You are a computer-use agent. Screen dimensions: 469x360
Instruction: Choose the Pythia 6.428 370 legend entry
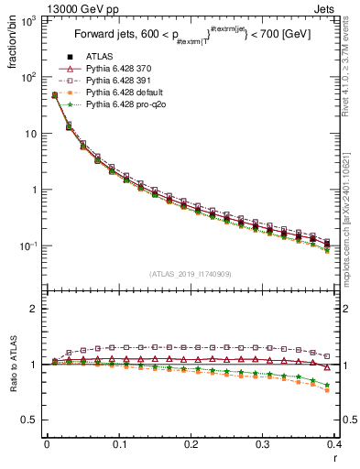click(118, 70)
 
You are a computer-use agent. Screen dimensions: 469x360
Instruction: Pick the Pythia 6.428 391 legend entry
click(118, 82)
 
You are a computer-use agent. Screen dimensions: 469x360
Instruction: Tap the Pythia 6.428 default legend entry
click(122, 93)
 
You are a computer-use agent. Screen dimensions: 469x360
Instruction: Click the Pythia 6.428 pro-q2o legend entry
click(123, 105)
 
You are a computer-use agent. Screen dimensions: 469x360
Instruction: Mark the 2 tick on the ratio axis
click(34, 309)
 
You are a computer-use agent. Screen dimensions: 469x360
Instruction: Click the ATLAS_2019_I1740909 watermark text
click(191, 274)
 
